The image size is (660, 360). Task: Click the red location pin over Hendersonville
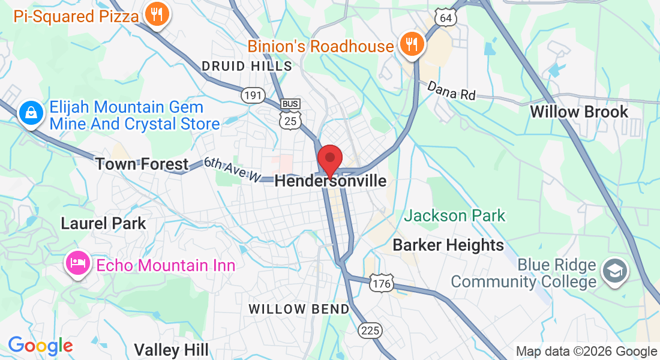tap(329, 158)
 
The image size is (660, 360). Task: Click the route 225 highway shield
tap(370, 329)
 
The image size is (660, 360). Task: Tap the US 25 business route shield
tap(290, 114)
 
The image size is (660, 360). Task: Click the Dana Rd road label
tap(451, 91)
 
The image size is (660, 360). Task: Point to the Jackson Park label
tap(454, 215)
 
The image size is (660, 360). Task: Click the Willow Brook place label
tap(579, 112)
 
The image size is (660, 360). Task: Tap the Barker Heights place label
tap(448, 245)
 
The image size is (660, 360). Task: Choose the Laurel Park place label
tap(103, 223)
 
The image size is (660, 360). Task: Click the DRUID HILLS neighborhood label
tap(247, 66)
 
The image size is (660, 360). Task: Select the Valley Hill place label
tap(171, 350)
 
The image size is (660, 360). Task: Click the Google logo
tap(40, 346)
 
